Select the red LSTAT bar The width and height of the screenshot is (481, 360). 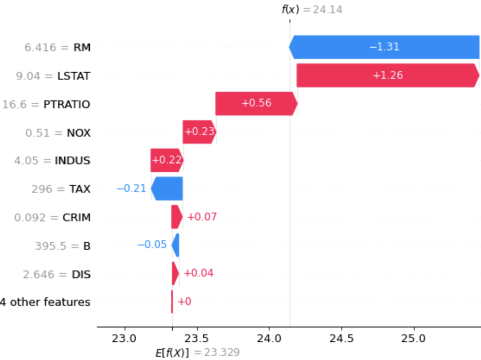388,76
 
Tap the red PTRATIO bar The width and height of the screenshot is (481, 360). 256,104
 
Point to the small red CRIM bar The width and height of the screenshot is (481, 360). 176,217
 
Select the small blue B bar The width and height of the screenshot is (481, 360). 176,245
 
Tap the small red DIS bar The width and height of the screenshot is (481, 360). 175,273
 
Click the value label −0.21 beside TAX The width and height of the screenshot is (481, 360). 132,189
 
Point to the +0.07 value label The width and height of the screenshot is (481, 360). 202,217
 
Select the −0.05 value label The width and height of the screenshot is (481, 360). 152,245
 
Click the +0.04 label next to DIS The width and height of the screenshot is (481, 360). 198,273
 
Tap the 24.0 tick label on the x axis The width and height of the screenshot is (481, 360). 269,338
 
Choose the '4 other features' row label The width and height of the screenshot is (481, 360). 45,302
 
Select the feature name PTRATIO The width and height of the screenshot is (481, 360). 66,104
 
